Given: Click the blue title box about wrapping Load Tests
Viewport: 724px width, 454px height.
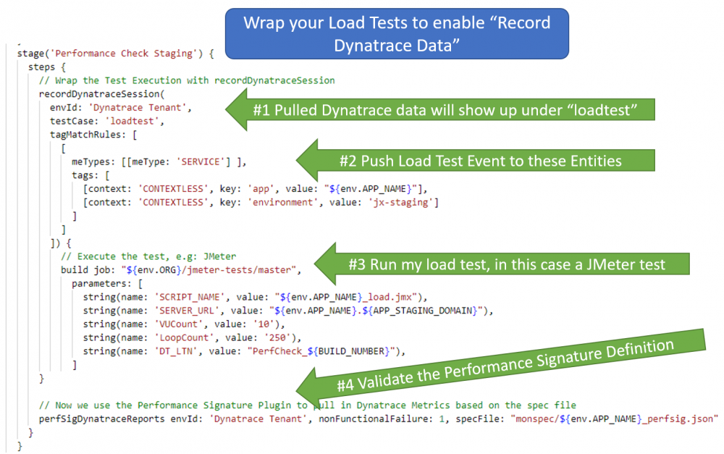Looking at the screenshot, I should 397,33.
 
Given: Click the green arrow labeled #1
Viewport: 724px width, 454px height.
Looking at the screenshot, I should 442,109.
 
